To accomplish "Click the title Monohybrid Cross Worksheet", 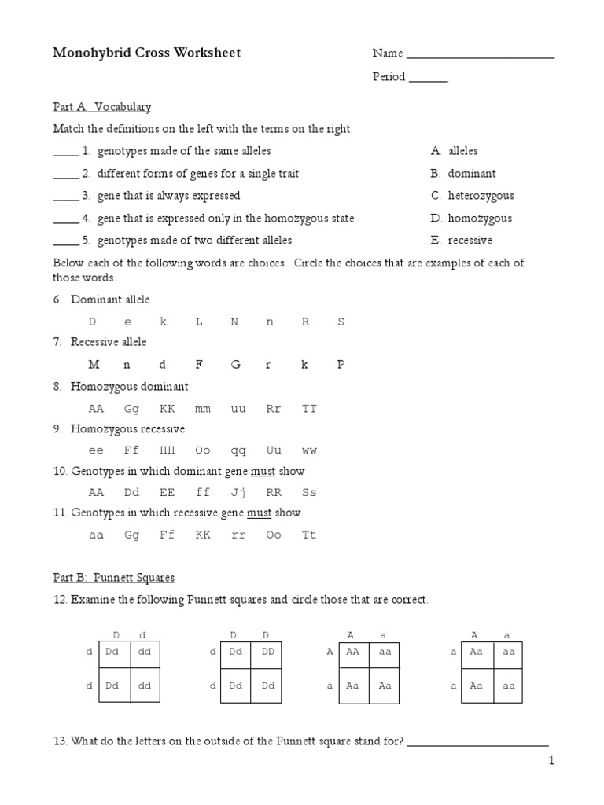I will tap(146, 53).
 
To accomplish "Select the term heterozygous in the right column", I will tap(481, 196).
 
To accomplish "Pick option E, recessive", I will tap(470, 241).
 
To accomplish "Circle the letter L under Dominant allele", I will tap(199, 322).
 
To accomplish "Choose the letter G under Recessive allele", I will tap(234, 365).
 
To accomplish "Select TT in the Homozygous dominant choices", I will tap(309, 409).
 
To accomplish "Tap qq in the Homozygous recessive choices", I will tap(238, 450).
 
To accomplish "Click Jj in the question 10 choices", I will tap(238, 493).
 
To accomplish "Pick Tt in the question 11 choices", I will tap(309, 535).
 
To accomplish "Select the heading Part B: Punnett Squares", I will tap(114, 578).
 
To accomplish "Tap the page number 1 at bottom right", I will tap(551, 761).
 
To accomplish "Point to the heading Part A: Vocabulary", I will tap(101, 106).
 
